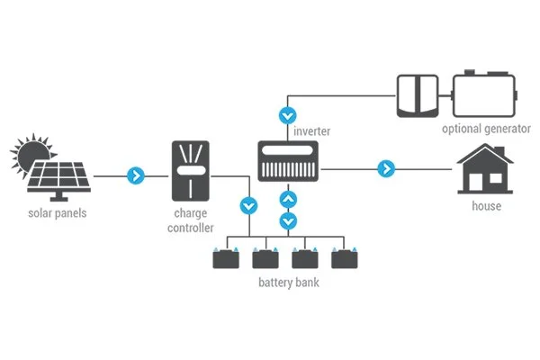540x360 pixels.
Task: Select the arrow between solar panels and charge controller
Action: tap(136, 175)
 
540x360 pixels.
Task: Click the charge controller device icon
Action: tap(190, 170)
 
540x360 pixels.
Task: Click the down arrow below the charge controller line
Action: tap(247, 206)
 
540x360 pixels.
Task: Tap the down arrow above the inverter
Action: tap(287, 115)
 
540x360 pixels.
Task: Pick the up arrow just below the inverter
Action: tap(287, 199)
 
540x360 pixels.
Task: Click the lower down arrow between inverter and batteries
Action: tap(287, 220)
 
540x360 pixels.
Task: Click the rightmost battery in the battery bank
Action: tap(344, 258)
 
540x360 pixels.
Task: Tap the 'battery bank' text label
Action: tap(287, 283)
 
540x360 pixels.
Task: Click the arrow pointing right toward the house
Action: tap(386, 168)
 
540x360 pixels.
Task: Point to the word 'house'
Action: tap(486, 207)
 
